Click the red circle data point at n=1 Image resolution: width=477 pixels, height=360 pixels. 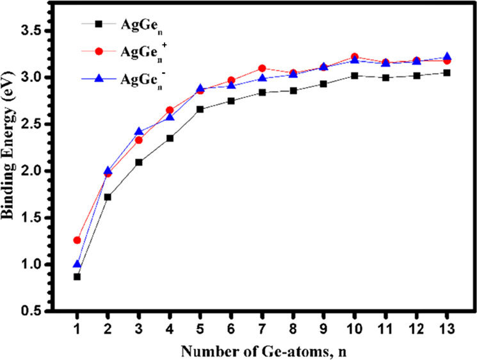(x=77, y=240)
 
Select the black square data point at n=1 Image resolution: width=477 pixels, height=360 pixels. (x=77, y=277)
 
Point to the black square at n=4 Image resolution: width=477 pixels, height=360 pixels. (x=170, y=138)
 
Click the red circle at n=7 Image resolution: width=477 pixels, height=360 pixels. (x=262, y=68)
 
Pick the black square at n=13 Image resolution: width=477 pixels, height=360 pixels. (x=447, y=72)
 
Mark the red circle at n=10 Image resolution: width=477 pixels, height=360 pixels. (x=355, y=57)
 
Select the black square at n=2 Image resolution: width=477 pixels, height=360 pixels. (x=108, y=197)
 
